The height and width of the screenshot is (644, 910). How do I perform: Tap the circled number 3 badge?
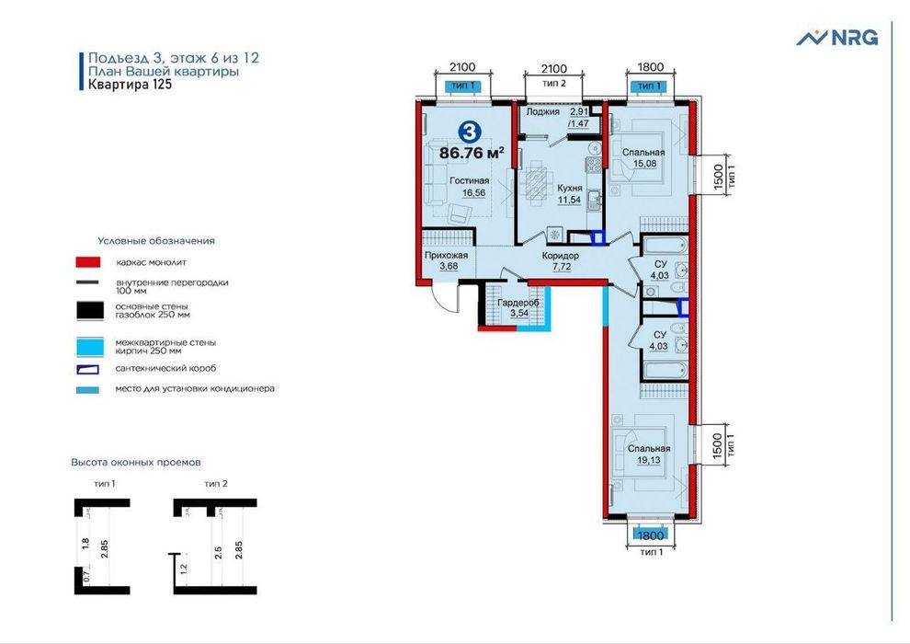click(469, 132)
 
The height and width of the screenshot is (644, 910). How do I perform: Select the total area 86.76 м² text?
click(472, 153)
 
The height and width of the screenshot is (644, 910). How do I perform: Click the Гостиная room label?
click(470, 180)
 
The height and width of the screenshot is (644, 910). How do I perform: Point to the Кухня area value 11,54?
click(569, 200)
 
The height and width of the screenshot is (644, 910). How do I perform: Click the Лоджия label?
click(542, 111)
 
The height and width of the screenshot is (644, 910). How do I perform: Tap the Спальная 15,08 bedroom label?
click(643, 158)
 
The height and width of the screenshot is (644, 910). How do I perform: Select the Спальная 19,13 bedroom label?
click(649, 454)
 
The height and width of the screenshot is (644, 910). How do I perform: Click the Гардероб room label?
click(518, 303)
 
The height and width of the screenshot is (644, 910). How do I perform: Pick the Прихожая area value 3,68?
click(449, 267)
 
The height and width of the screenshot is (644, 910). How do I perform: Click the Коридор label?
click(560, 256)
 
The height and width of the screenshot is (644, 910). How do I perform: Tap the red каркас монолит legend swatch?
click(88, 262)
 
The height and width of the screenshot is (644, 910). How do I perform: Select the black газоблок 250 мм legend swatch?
click(90, 310)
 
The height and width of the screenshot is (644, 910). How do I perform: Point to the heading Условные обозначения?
click(156, 240)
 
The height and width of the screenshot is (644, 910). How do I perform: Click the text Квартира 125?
click(130, 85)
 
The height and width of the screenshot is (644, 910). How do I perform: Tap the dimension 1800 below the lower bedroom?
click(651, 535)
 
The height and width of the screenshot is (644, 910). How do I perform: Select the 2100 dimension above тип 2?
click(553, 68)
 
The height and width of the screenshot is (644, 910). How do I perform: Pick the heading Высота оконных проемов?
click(136, 462)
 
